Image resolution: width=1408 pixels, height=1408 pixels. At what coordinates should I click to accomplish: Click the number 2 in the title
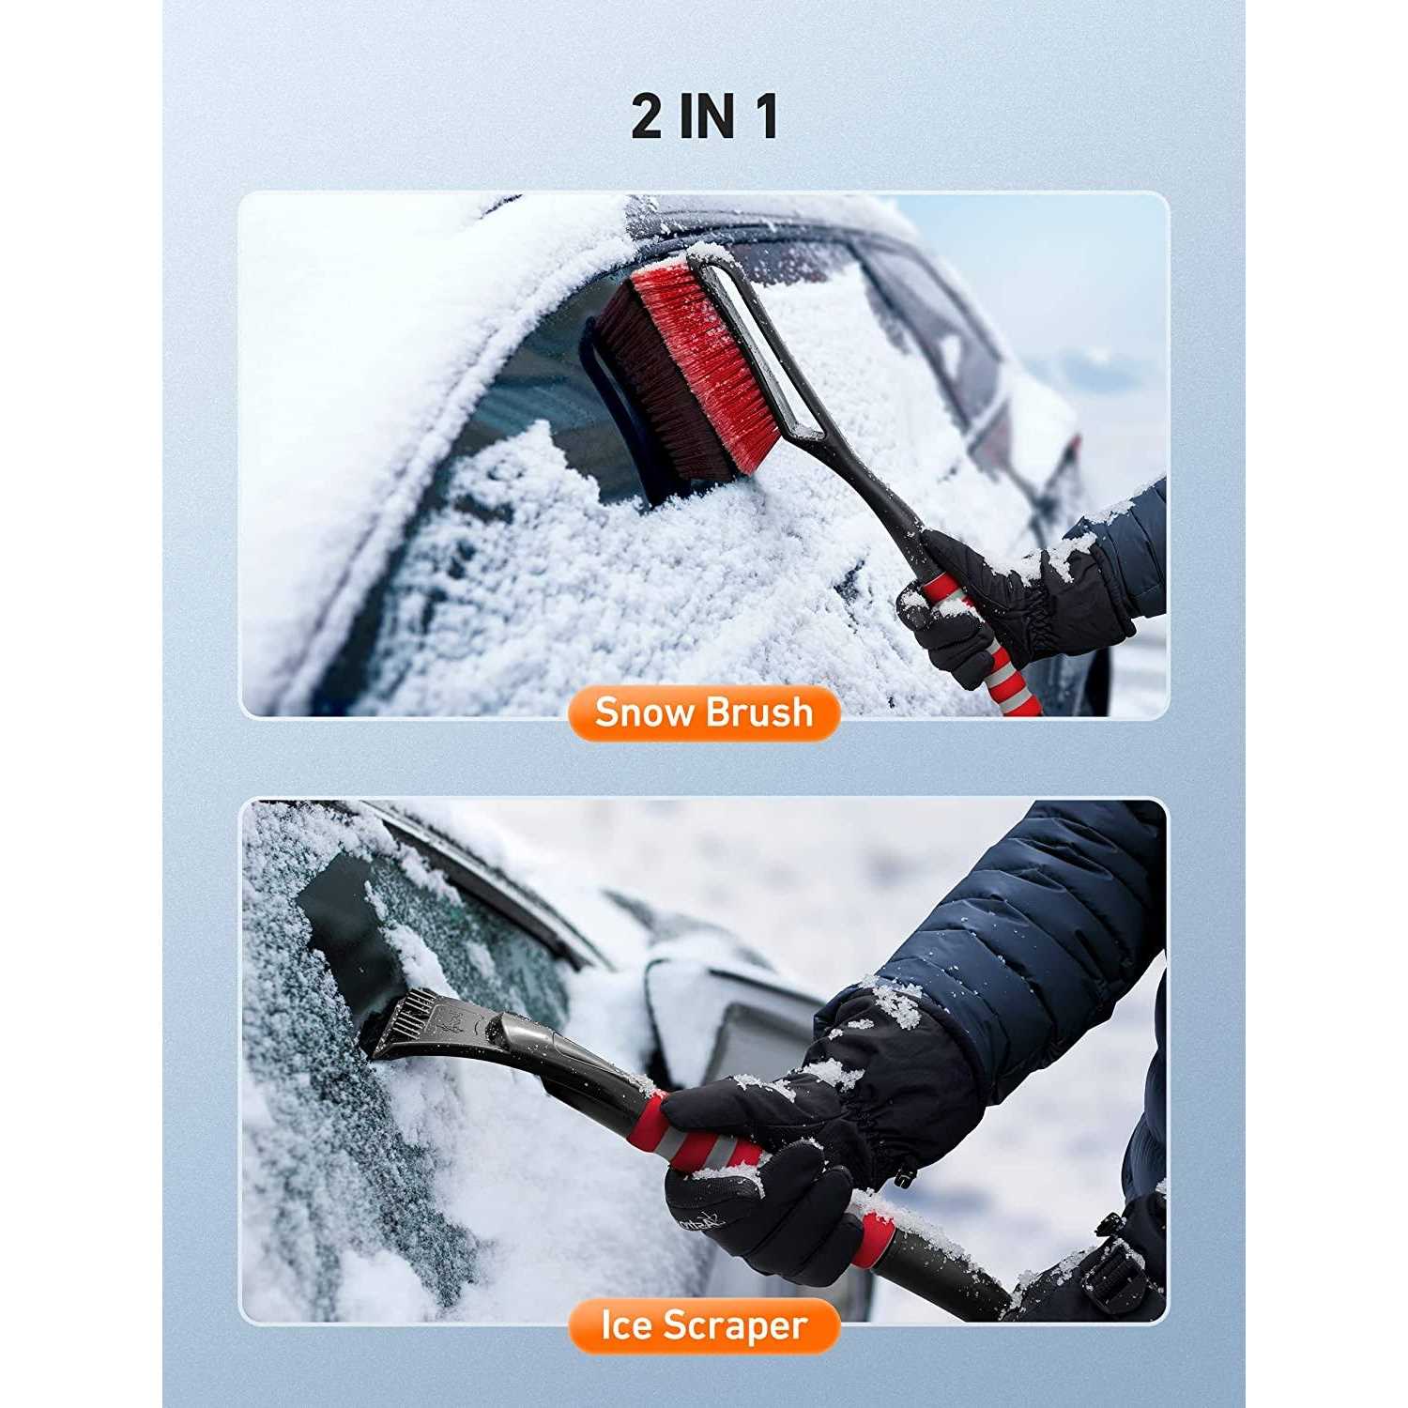(x=647, y=117)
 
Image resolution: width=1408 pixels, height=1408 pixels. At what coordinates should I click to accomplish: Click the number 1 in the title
(x=765, y=117)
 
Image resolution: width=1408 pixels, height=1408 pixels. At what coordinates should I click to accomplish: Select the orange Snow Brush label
(x=703, y=712)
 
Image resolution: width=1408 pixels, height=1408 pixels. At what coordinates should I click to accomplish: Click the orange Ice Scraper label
(x=703, y=1325)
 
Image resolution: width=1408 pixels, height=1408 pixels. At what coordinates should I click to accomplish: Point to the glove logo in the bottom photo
(x=699, y=1220)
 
